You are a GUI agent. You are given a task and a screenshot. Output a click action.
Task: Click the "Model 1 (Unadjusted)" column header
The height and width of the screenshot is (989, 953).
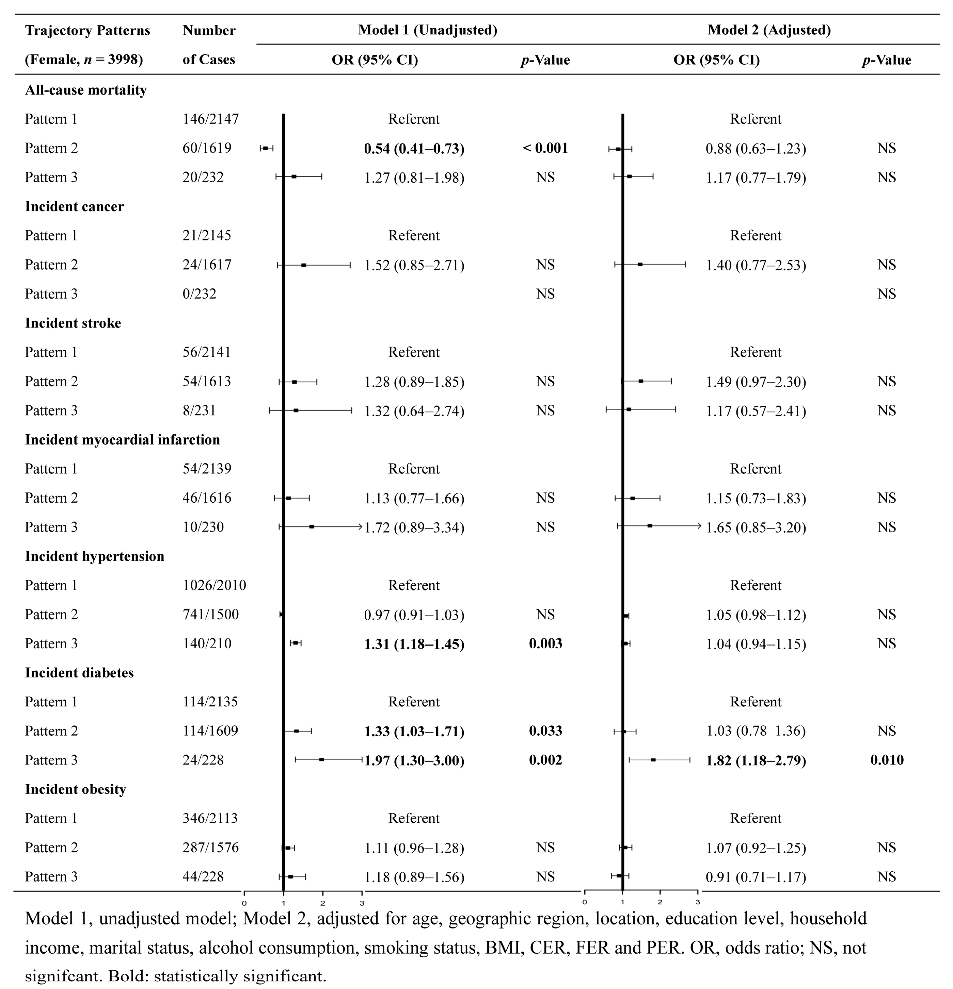click(427, 30)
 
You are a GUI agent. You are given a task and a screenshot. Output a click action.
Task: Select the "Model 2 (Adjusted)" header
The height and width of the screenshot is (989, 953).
click(769, 30)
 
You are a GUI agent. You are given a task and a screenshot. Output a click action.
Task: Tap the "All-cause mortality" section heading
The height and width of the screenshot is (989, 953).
click(86, 90)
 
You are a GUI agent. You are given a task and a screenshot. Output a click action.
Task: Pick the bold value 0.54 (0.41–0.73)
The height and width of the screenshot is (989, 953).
click(414, 149)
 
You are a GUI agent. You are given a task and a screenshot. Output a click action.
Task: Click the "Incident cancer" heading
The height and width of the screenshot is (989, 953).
click(74, 207)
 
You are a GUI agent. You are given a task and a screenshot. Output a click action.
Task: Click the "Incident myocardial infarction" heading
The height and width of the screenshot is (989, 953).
click(122, 440)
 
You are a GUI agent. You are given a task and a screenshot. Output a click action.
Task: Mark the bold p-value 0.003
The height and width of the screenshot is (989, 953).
click(545, 644)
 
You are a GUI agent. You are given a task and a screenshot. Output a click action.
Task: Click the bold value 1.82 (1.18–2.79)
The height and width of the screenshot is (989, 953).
click(756, 761)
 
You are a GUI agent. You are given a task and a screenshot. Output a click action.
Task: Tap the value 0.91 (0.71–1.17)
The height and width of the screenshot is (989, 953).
click(756, 877)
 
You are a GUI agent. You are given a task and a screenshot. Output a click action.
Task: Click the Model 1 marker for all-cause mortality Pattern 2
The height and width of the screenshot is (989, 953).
click(265, 148)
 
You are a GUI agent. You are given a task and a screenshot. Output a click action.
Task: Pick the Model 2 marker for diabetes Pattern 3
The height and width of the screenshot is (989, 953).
click(653, 760)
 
